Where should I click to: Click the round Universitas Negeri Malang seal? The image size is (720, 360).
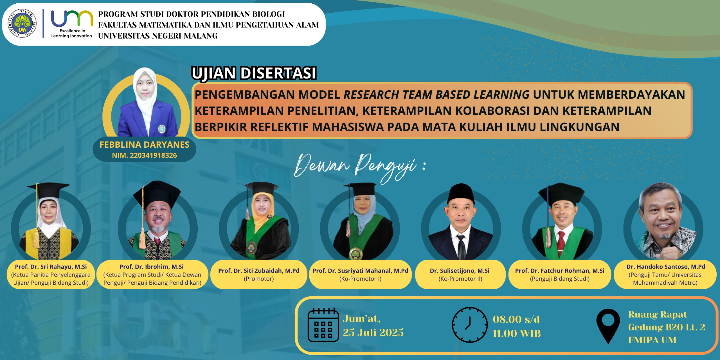(22, 23)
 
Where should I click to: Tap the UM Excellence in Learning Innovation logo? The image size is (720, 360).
(72, 24)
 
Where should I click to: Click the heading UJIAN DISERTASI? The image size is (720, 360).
(254, 73)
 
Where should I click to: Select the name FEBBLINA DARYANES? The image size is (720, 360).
(145, 145)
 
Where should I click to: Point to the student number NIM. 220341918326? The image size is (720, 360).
(145, 155)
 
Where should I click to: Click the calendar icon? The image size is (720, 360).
(323, 325)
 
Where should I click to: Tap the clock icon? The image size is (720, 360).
(470, 325)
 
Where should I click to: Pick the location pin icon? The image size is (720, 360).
(608, 326)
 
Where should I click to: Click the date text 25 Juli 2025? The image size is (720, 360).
(373, 332)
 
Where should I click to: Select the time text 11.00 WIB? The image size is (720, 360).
(517, 334)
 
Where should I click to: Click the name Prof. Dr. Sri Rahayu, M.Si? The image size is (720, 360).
(51, 267)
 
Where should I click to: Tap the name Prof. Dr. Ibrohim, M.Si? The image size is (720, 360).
(152, 267)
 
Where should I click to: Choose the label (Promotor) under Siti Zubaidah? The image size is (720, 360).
(259, 279)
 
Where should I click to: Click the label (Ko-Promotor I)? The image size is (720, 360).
(360, 279)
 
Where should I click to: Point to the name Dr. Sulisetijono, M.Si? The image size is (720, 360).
(460, 271)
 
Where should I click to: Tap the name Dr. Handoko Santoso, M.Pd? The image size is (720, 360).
(666, 267)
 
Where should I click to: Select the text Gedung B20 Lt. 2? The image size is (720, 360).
(667, 327)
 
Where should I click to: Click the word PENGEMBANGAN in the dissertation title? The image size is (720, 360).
(267, 94)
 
